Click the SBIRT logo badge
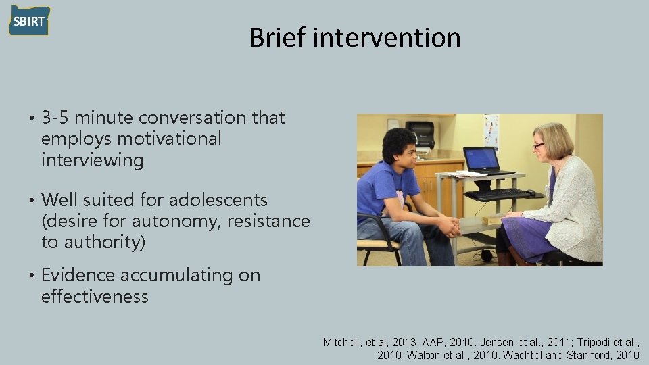point(29,20)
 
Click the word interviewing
point(93,161)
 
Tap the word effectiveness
point(95,297)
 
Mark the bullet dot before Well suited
point(32,201)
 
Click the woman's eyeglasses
point(538,145)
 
